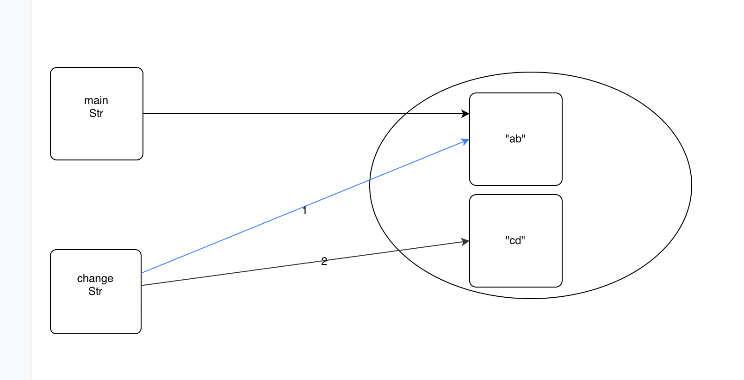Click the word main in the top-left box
pyautogui.click(x=96, y=100)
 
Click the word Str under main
pyautogui.click(x=96, y=113)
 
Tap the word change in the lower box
pyautogui.click(x=95, y=278)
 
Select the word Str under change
pyautogui.click(x=95, y=291)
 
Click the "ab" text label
pyautogui.click(x=515, y=139)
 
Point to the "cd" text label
pyautogui.click(x=515, y=240)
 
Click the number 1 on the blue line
pyautogui.click(x=304, y=211)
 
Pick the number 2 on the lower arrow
pyautogui.click(x=324, y=261)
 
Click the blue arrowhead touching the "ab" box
pyautogui.click(x=465, y=141)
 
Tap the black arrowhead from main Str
pyautogui.click(x=465, y=114)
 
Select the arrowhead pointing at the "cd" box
pyautogui.click(x=465, y=242)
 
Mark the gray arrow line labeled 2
pyautogui.click(x=231, y=273)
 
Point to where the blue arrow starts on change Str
pyautogui.click(x=142, y=273)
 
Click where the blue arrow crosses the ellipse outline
pyautogui.click(x=370, y=179)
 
